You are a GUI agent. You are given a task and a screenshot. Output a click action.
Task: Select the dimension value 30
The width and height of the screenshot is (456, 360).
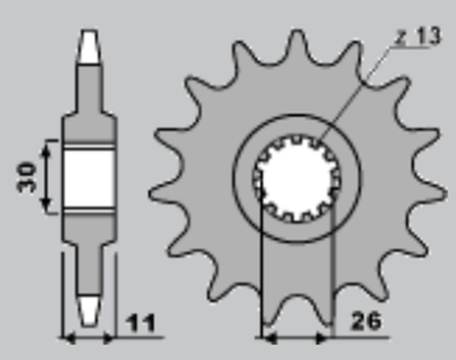tap(28, 176)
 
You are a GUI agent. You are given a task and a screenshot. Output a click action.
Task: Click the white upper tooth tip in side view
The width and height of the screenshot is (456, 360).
tap(88, 43)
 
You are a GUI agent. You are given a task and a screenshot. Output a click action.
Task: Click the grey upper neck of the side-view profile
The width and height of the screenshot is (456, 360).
tap(88, 85)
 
